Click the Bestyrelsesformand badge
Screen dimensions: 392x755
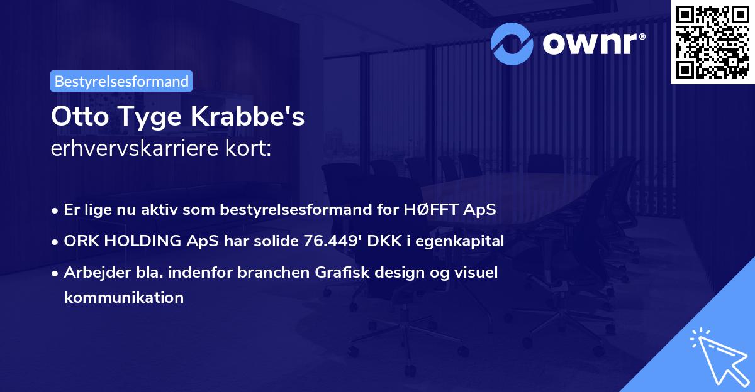tap(121, 81)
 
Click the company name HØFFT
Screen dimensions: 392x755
tap(427, 209)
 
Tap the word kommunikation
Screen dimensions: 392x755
tap(123, 297)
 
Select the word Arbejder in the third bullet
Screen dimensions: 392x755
tap(92, 273)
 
